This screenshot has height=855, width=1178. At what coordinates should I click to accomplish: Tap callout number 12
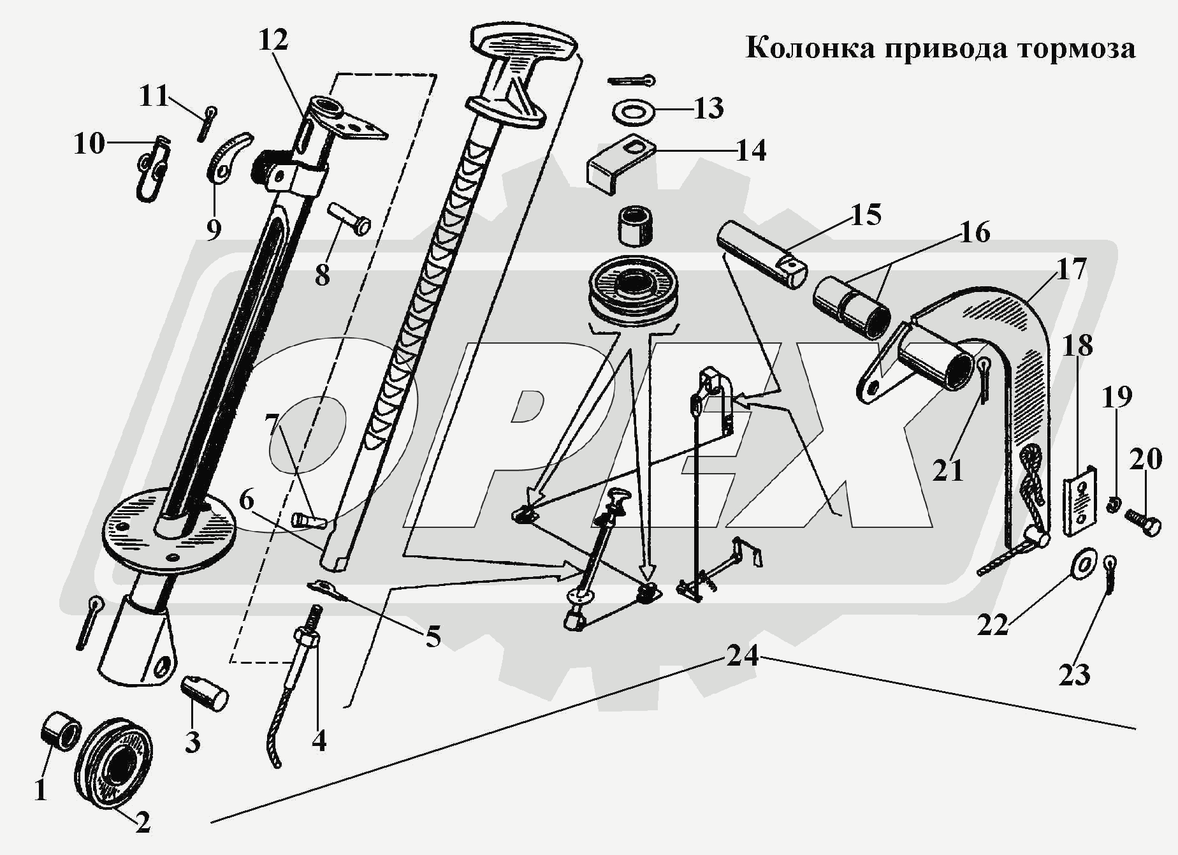point(273,40)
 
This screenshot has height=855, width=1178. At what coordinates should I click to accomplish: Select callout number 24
point(743,655)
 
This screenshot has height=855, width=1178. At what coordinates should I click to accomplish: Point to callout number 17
point(1071,270)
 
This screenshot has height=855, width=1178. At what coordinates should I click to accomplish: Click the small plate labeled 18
point(1080,502)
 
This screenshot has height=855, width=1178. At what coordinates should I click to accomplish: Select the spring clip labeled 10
point(152,168)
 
